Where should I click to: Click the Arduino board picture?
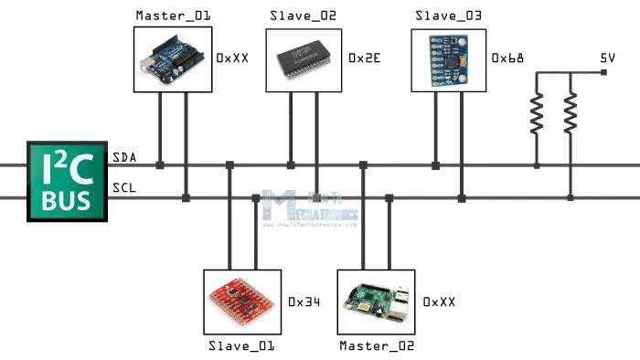(173, 59)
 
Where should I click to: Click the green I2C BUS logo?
(67, 184)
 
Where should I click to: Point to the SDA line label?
(124, 158)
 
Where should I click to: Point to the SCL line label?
(124, 188)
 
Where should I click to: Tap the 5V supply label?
(605, 58)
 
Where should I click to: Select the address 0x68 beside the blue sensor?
(508, 58)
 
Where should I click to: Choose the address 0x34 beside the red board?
(304, 301)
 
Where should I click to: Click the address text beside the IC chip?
(364, 58)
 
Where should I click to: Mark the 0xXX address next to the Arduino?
(232, 58)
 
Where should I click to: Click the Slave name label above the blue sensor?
(448, 16)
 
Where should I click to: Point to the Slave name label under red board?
(241, 346)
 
